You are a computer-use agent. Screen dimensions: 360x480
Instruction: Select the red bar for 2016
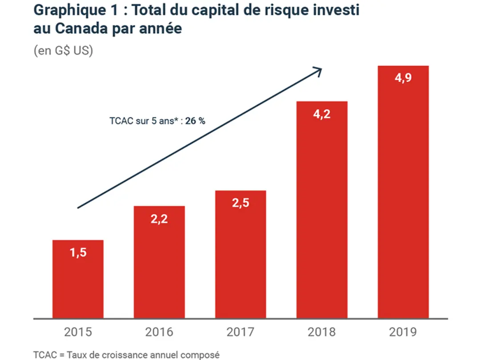click(x=159, y=262)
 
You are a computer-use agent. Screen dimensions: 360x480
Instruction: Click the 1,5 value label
click(x=78, y=253)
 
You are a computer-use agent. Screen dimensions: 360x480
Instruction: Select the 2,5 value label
click(x=240, y=203)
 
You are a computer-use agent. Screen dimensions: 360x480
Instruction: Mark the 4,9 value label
click(x=403, y=79)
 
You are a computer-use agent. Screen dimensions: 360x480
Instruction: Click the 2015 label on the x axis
click(x=78, y=332)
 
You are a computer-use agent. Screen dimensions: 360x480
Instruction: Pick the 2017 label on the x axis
click(x=240, y=332)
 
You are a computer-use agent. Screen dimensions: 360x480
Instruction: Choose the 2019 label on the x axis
click(x=403, y=332)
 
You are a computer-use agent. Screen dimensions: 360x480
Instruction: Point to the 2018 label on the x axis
click(x=322, y=332)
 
